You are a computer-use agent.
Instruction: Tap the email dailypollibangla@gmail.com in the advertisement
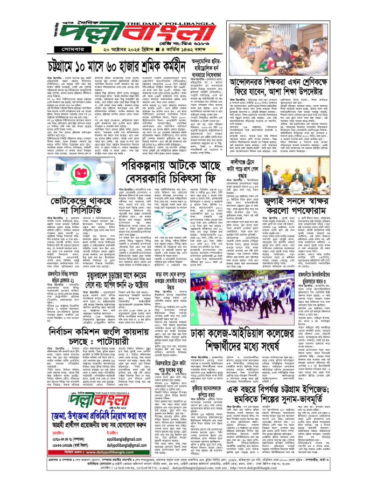(x=131, y=446)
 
